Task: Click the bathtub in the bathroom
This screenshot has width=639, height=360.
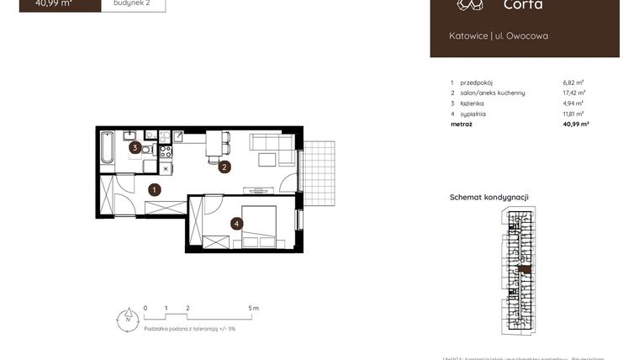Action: pyautogui.click(x=108, y=149)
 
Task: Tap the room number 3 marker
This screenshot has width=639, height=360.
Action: pyautogui.click(x=135, y=147)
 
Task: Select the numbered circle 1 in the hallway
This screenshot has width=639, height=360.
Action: pyautogui.click(x=155, y=190)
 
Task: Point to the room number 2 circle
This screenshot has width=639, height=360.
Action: pyautogui.click(x=224, y=167)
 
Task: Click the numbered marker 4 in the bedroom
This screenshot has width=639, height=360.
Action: pyautogui.click(x=239, y=224)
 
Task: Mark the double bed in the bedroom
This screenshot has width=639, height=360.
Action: pyautogui.click(x=261, y=225)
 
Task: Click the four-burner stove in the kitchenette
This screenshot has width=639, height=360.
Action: pyautogui.click(x=166, y=153)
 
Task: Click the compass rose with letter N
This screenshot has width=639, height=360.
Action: pyautogui.click(x=125, y=319)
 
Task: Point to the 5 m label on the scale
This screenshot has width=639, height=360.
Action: pyautogui.click(x=254, y=309)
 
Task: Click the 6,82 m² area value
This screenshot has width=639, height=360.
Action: pyautogui.click(x=573, y=83)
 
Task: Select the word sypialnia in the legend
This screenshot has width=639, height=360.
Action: pyautogui.click(x=473, y=114)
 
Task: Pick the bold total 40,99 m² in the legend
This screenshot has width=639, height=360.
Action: pyautogui.click(x=575, y=124)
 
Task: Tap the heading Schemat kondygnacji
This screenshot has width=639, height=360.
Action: pyautogui.click(x=488, y=198)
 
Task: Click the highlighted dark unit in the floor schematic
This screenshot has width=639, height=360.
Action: pyautogui.click(x=526, y=270)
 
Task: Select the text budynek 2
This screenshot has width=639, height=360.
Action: pyautogui.click(x=133, y=3)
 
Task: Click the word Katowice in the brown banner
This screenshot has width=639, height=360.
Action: pyautogui.click(x=467, y=36)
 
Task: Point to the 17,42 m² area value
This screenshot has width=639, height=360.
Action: pyautogui.click(x=573, y=93)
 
